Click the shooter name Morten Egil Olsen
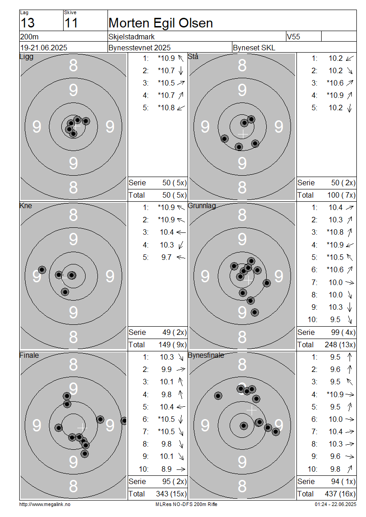(x=161, y=23)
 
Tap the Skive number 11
(x=71, y=23)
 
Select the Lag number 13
(x=27, y=23)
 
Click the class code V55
(x=293, y=37)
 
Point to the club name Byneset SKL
(x=254, y=48)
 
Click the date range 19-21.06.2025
(x=43, y=48)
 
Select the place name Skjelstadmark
(x=132, y=37)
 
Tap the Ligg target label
(x=27, y=57)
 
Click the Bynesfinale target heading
(x=206, y=355)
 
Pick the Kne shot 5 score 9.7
(x=167, y=257)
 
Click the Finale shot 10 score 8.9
(x=167, y=469)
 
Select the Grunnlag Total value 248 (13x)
(x=340, y=345)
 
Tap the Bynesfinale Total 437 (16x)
(x=340, y=494)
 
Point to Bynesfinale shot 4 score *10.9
(x=335, y=394)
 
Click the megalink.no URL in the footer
(x=45, y=504)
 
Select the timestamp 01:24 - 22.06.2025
(x=335, y=504)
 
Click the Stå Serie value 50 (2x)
(x=343, y=183)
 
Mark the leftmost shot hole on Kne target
(x=42, y=270)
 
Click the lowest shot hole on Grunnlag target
(x=254, y=312)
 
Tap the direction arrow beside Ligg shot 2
(x=181, y=70)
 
